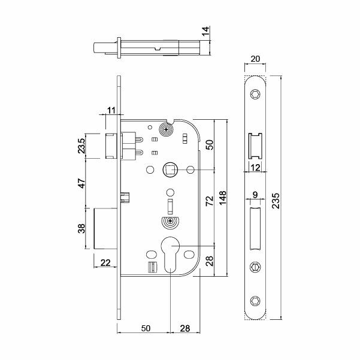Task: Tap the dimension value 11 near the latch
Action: tap(111, 110)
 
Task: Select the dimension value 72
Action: tap(209, 200)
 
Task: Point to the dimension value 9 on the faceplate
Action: tap(255, 195)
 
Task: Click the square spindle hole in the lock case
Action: tap(170, 170)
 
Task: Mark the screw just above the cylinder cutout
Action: tap(171, 221)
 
